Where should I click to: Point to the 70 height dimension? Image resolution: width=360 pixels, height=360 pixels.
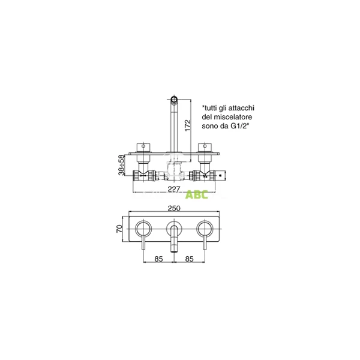coord(120,229)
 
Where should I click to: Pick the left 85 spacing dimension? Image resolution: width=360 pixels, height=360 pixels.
coord(158,260)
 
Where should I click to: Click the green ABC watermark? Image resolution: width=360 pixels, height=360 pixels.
coord(196,194)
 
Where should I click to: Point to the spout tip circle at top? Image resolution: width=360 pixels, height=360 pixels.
coord(175,97)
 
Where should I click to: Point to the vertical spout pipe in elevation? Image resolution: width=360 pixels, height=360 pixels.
coord(175,126)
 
